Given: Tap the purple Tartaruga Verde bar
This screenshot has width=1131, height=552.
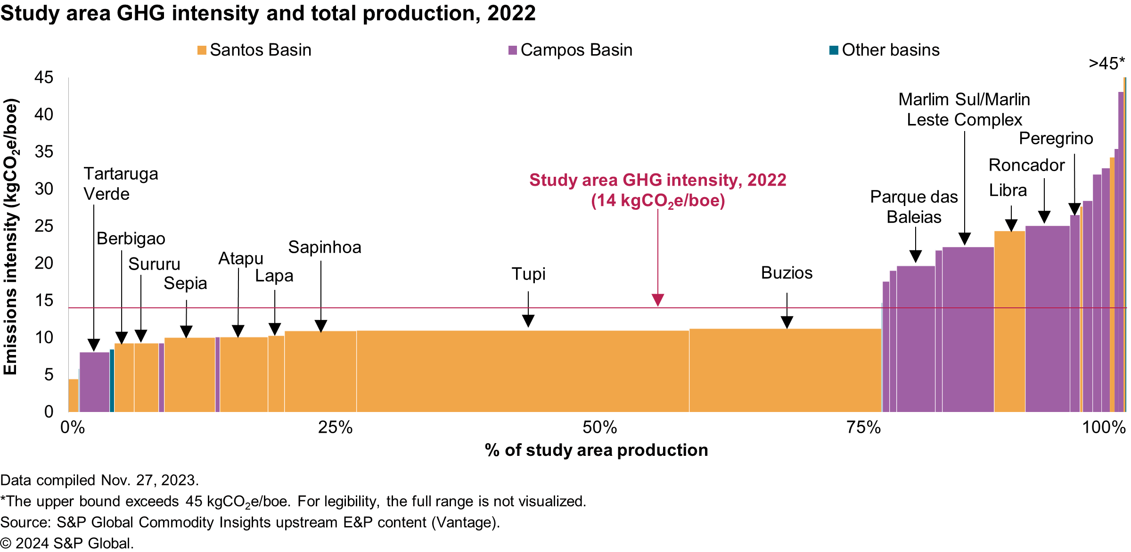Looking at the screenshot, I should coord(95,382).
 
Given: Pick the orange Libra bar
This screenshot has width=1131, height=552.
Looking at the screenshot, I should coord(1009,321).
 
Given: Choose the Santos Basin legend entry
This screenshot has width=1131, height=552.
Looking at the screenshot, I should coord(254,50).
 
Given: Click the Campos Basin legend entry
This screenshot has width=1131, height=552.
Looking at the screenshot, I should coord(570,50).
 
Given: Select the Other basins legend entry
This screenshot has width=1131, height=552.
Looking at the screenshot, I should coord(885,50).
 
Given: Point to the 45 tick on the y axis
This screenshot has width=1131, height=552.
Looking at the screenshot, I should coord(44,77).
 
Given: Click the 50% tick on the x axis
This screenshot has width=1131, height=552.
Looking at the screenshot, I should coord(599,428).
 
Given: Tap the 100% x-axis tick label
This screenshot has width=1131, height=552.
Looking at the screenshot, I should coord(1104,428).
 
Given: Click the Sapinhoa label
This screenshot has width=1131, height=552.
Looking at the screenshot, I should coord(325,247).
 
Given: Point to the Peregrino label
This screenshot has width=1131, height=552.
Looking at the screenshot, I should coord(1056,139).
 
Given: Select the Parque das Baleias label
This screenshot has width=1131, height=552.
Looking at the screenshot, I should coord(914,207).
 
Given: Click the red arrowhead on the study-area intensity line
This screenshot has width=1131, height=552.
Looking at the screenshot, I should coord(658,300).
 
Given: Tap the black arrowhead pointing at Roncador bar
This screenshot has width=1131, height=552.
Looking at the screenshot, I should coord(1044,217).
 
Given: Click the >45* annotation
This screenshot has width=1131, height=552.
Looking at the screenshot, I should coord(1106,64).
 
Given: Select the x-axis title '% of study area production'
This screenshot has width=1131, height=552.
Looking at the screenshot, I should coord(596,450).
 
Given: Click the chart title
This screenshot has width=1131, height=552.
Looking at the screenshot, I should coord(268,13).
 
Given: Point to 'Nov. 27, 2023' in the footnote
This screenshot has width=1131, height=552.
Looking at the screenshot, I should coord(149,480).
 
